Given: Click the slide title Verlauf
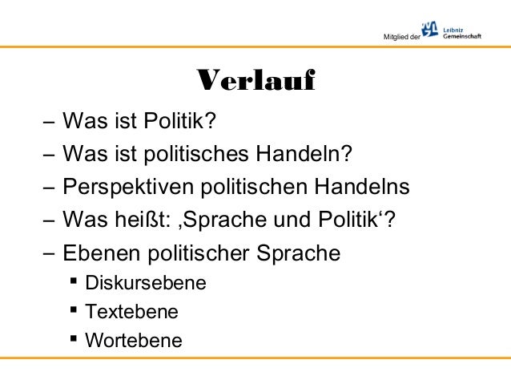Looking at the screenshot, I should pyautogui.click(x=255, y=82).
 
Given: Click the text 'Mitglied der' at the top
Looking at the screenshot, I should pyautogui.click(x=403, y=37).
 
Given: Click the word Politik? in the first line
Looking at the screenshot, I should pyautogui.click(x=180, y=122).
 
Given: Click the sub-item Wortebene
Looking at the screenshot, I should pyautogui.click(x=133, y=341).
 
